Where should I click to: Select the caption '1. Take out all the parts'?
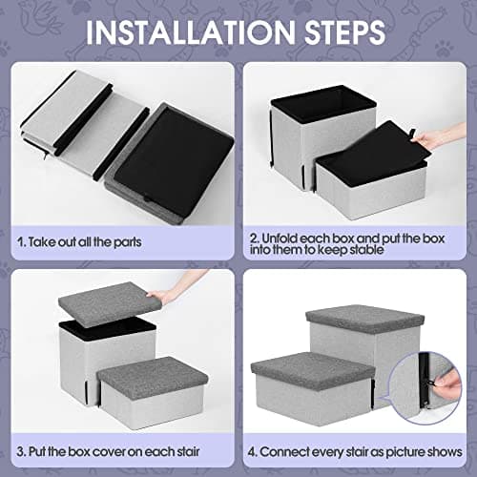tap(82, 241)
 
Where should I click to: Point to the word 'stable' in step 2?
tap(382, 250)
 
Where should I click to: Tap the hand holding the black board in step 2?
tap(431, 139)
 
